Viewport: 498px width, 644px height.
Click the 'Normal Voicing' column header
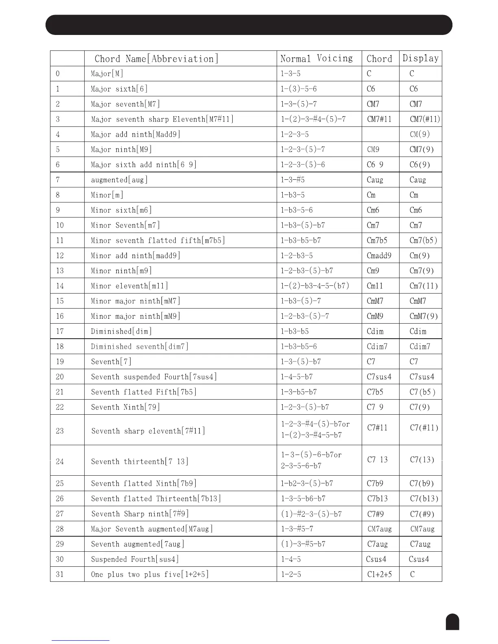pyautogui.click(x=317, y=59)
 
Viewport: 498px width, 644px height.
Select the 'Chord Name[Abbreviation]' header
pyautogui.click(x=156, y=59)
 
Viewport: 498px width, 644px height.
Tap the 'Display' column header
pyautogui.click(x=421, y=58)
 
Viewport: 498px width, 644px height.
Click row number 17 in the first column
pyautogui.click(x=60, y=331)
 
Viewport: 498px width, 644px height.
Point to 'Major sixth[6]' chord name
pyautogui.click(x=119, y=89)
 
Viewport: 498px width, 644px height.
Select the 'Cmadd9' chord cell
pyautogui.click(x=379, y=256)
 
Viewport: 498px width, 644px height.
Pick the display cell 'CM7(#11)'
pyautogui.click(x=425, y=119)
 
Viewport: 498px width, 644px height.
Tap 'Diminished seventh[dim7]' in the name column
pyautogui.click(x=140, y=346)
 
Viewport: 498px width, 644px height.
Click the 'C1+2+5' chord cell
pyautogui.click(x=379, y=574)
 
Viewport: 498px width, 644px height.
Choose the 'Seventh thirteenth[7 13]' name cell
pyautogui.click(x=140, y=461)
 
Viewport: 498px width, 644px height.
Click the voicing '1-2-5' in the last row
pyautogui.click(x=291, y=574)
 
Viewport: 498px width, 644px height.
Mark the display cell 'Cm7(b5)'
pyautogui.click(x=423, y=240)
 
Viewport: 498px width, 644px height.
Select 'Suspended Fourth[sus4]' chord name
pyautogui.click(x=135, y=559)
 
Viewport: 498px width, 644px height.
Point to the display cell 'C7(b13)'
pyautogui.click(x=424, y=498)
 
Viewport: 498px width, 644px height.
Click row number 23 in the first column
pyautogui.click(x=60, y=431)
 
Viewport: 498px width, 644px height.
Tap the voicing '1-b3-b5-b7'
pyautogui.click(x=301, y=240)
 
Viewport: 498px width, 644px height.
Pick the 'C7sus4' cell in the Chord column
pyautogui.click(x=379, y=377)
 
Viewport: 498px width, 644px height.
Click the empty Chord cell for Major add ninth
pyautogui.click(x=380, y=134)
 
